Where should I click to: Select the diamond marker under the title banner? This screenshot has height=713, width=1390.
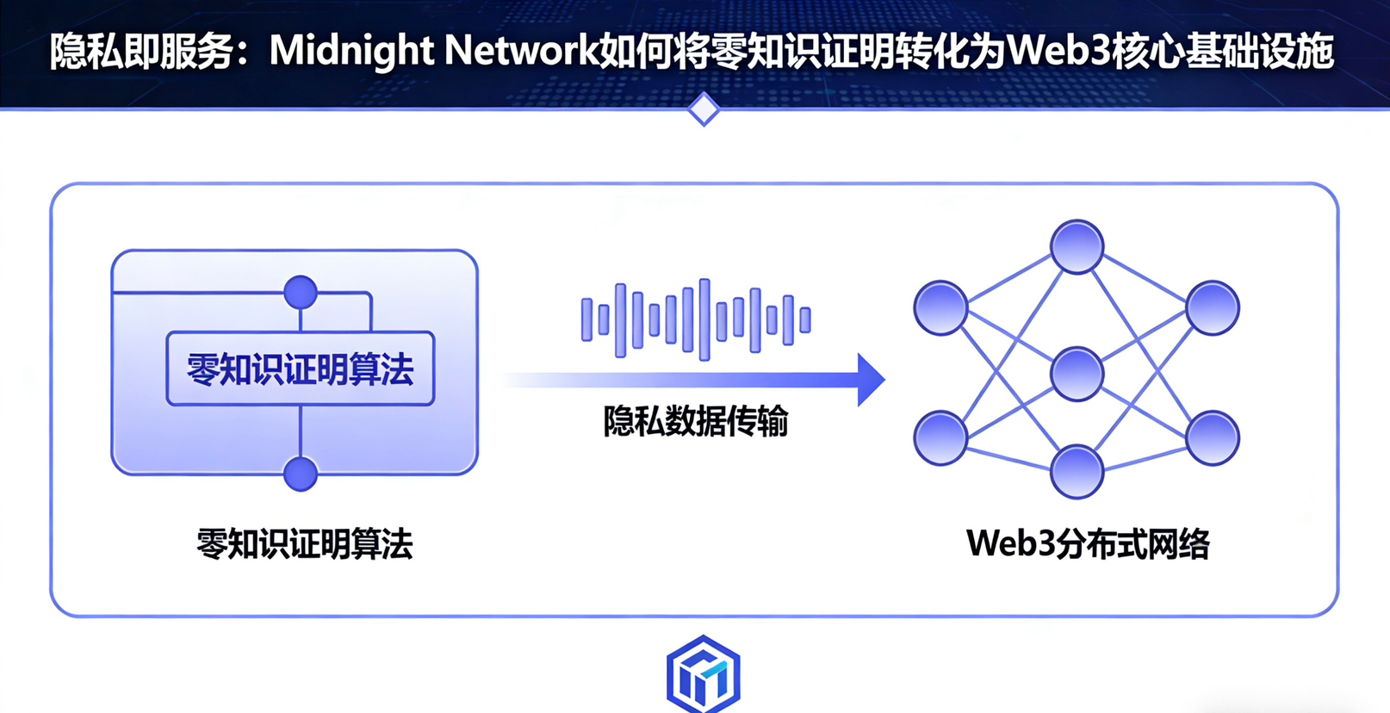704,109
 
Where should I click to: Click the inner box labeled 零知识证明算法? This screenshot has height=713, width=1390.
300,369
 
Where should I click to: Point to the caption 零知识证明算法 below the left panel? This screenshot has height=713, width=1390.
304,544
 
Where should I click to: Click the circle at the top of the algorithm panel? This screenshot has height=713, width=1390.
301,292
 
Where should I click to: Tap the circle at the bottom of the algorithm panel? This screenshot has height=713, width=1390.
301,474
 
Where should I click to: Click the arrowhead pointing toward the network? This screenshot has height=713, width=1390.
870,379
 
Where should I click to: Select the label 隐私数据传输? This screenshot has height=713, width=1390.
695,422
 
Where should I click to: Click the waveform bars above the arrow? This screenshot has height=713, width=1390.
695,319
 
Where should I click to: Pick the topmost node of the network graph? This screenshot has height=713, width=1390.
1077,247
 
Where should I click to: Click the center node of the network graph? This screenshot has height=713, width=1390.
1077,374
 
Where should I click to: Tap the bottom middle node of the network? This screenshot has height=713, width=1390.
1077,472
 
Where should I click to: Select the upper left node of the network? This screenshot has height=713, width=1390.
940,307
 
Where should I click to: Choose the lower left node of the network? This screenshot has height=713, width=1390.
940,438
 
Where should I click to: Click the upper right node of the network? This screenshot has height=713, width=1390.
1213,307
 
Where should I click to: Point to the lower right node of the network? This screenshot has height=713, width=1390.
1213,438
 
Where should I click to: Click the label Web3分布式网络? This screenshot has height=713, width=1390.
1088,544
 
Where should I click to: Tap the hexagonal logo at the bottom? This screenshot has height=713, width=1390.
704,675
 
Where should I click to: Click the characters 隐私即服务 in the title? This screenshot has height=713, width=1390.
142,52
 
